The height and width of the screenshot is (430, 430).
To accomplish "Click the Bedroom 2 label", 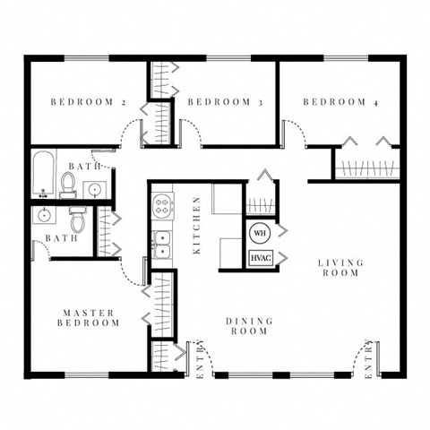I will (x=88, y=102).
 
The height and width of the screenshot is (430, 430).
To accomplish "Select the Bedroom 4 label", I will (x=340, y=102).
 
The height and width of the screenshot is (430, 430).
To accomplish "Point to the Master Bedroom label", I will (x=89, y=318).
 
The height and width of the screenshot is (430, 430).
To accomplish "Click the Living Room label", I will (x=341, y=268).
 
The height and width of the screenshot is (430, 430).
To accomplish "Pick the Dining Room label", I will (x=247, y=326).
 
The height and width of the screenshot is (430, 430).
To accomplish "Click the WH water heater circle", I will (x=260, y=233).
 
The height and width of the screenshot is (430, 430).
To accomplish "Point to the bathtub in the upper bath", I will (x=42, y=176).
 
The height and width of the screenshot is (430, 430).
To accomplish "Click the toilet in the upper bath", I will (x=68, y=183).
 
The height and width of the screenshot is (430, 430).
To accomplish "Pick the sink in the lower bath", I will (x=43, y=216).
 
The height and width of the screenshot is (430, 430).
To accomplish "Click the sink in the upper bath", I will (x=94, y=188).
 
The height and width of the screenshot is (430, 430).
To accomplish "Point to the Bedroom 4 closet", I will (x=365, y=167).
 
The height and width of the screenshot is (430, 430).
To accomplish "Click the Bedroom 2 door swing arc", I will (x=132, y=133).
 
